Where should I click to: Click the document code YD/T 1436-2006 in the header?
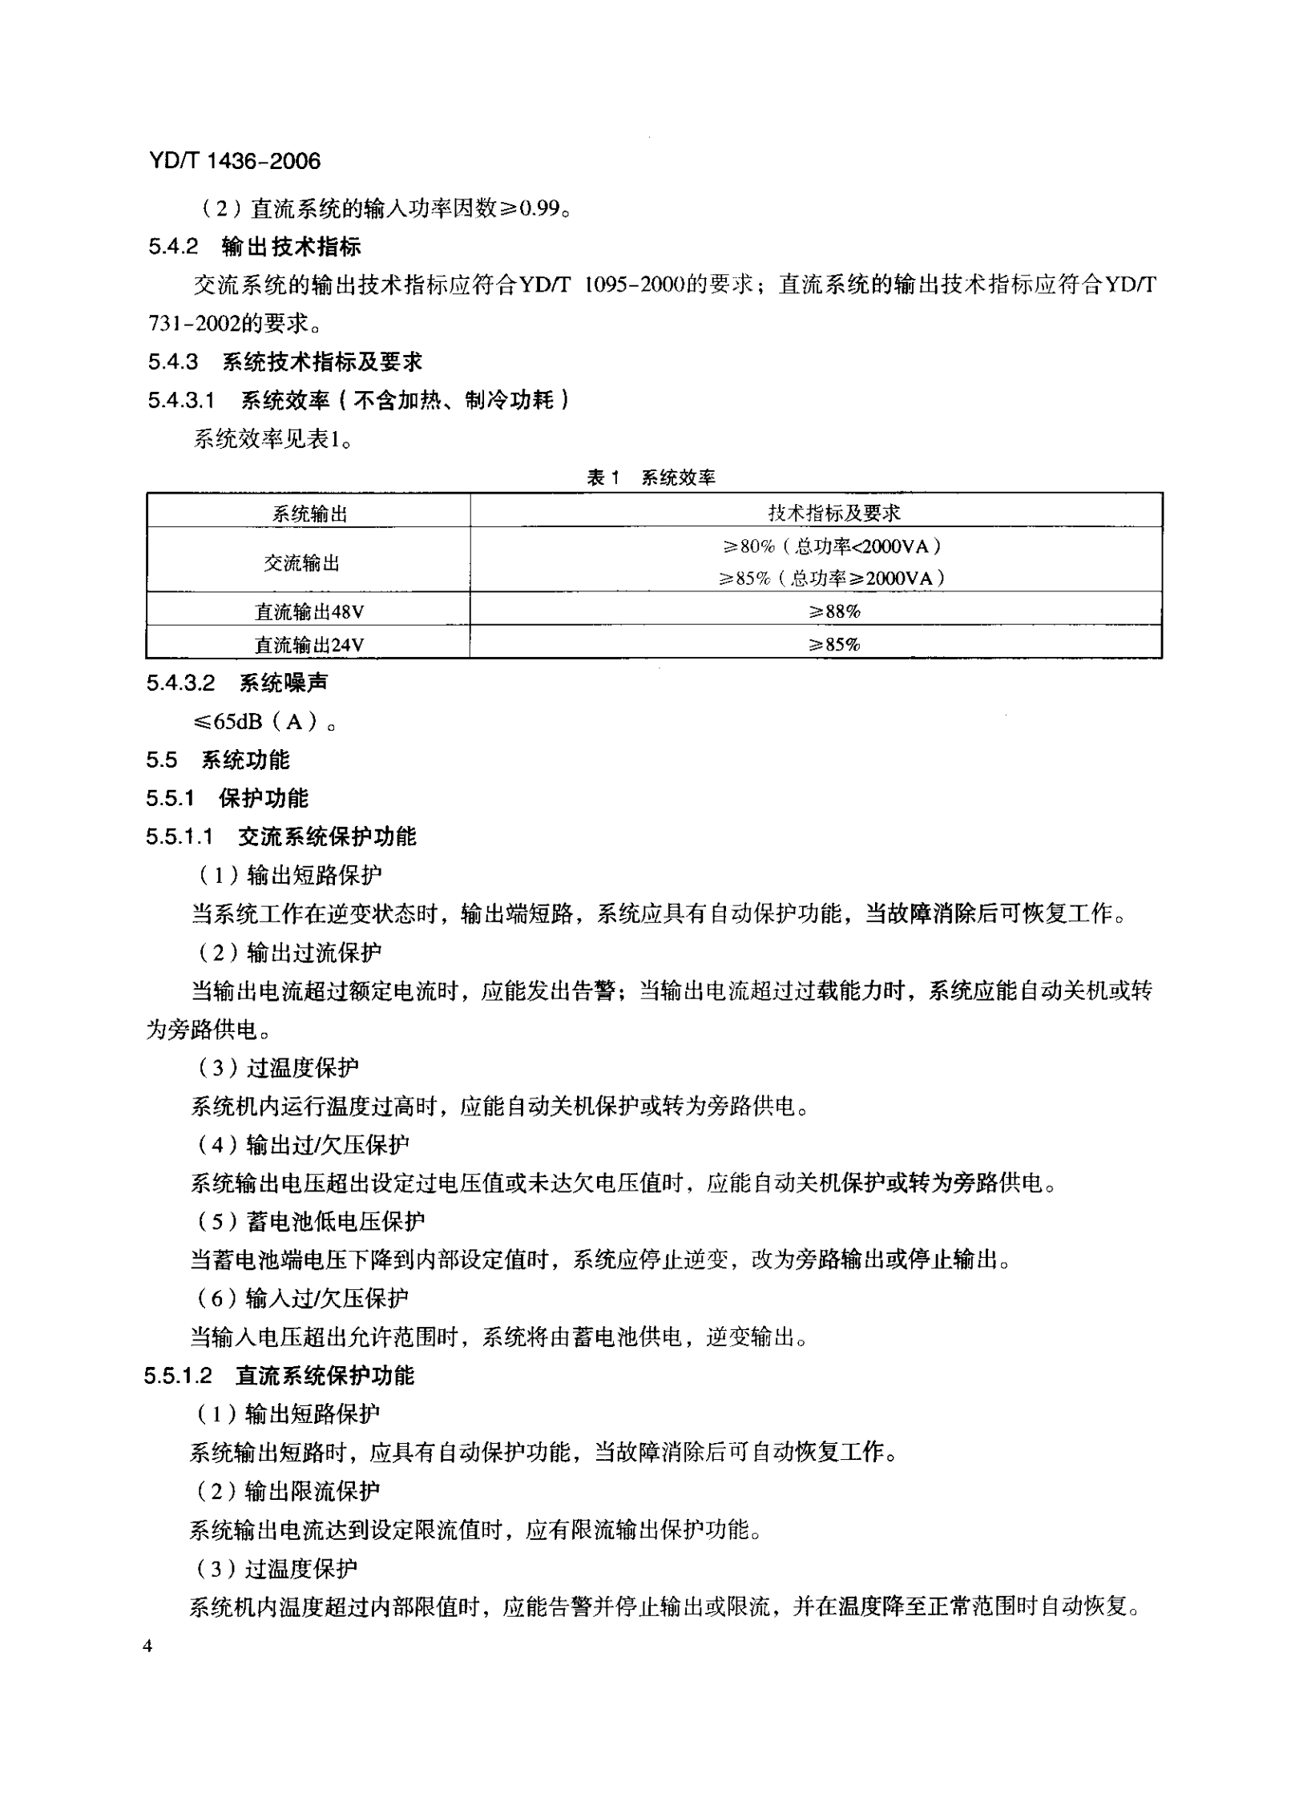point(234,161)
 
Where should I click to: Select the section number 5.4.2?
point(172,247)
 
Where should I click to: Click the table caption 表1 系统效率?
point(651,478)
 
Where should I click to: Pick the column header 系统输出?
point(309,514)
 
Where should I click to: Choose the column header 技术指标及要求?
point(833,513)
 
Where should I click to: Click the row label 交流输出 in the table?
point(302,563)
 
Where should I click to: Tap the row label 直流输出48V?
point(309,612)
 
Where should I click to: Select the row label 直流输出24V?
point(309,645)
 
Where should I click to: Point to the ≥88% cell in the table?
point(834,612)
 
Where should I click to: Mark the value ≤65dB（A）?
point(264,722)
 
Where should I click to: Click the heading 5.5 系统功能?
point(217,760)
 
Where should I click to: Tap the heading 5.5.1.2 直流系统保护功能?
point(279,1376)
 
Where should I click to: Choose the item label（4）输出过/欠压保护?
point(303,1145)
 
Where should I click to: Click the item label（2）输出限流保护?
point(288,1491)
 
